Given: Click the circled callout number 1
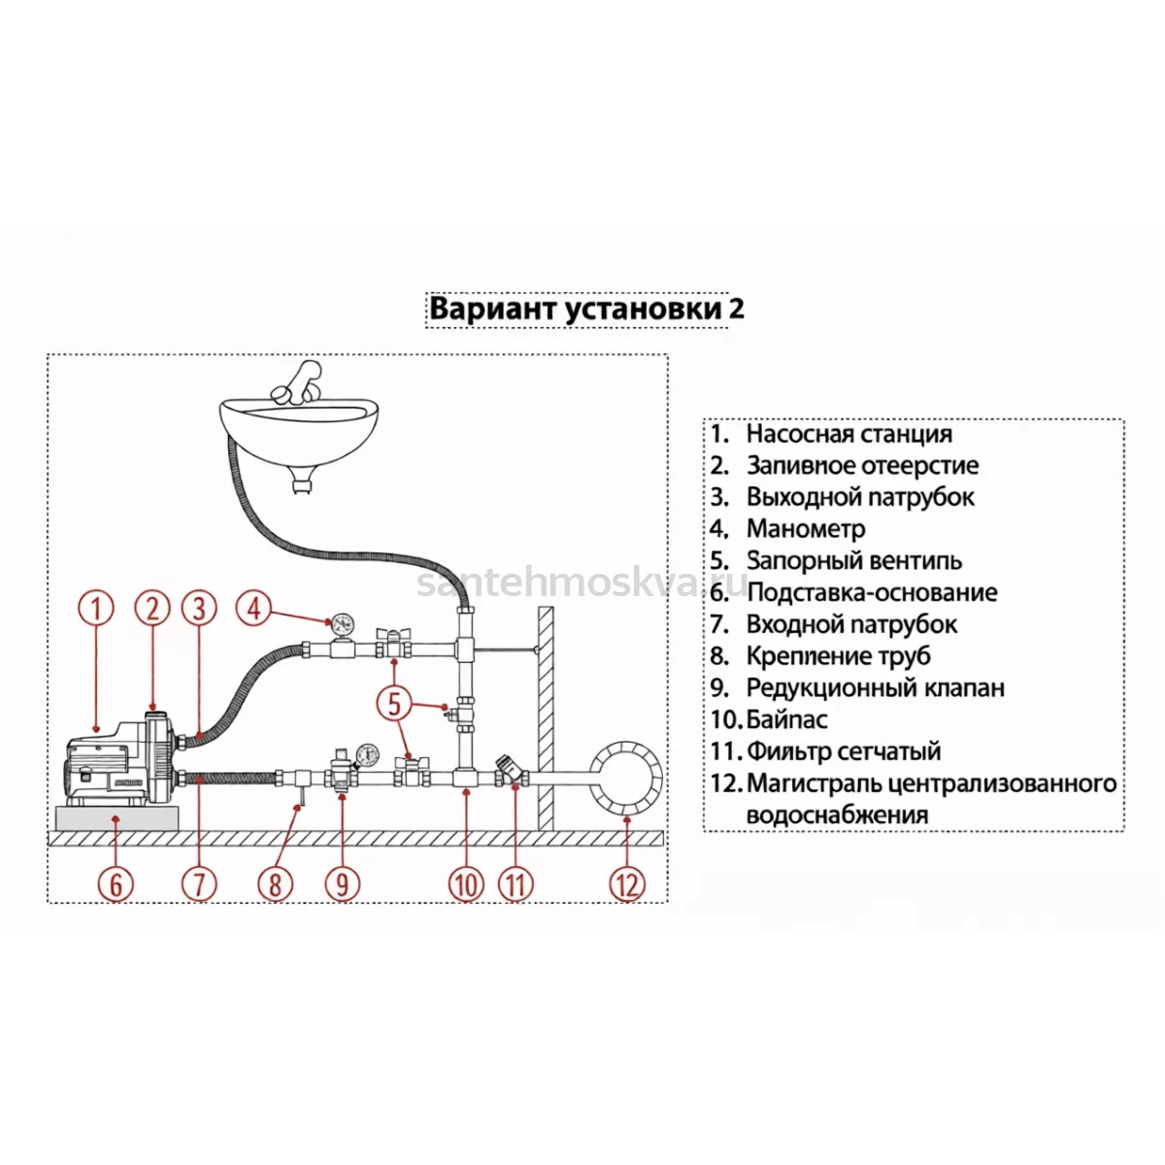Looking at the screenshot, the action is coord(96,608).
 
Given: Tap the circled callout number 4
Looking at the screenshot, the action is coord(253,608).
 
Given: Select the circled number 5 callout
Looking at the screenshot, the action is coord(394,704).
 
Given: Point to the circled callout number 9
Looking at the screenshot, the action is coord(342,885).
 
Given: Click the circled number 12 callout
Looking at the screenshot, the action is coord(627,885).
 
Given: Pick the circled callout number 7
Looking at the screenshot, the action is coord(200,885).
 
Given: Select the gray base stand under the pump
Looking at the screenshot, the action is coord(117,818).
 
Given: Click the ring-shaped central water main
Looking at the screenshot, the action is coord(626,778).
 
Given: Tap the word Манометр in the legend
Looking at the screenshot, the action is coord(806,528).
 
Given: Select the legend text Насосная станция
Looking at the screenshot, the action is coord(849,433).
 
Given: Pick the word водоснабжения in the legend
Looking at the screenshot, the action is coord(837,815).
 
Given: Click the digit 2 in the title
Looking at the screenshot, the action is coord(736,310).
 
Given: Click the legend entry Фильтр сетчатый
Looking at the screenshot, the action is coord(844,751).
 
